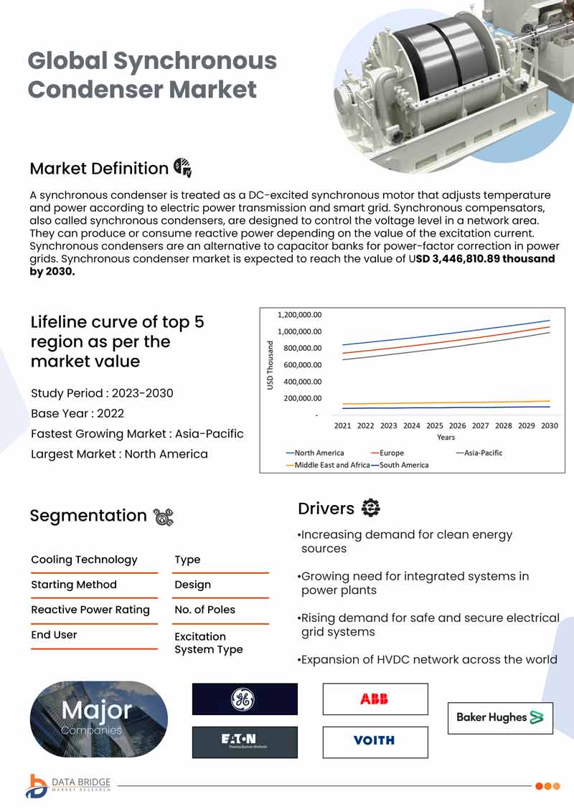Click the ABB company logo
click(x=375, y=699)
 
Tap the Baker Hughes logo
click(x=500, y=718)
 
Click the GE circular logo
click(x=243, y=699)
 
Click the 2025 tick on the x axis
click(x=435, y=425)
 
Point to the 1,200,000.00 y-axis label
click(x=299, y=315)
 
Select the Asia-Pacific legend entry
click(x=479, y=453)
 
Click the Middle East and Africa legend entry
click(x=328, y=465)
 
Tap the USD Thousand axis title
click(x=270, y=365)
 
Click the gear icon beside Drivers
click(x=371, y=508)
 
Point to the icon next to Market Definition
click(x=182, y=168)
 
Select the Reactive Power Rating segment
click(x=90, y=610)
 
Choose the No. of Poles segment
click(x=204, y=610)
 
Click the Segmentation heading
click(x=88, y=516)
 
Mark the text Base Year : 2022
click(x=77, y=413)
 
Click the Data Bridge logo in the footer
click(x=68, y=785)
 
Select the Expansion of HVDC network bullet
click(x=428, y=660)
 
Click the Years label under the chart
click(x=446, y=438)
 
